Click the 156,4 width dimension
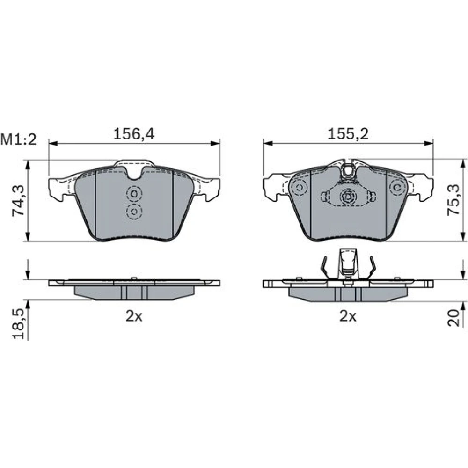coord(134,134)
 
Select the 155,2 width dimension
coord(348,134)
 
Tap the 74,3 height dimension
coord(19,200)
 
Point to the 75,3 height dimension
coord(453,200)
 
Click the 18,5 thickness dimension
coord(19,323)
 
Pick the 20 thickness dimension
coord(453,318)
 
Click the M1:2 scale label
coord(18,139)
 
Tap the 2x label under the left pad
coord(134,316)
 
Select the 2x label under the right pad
coord(348,316)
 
